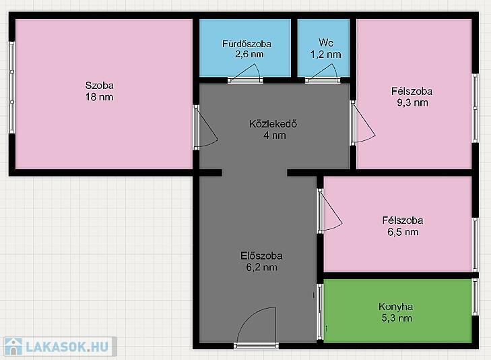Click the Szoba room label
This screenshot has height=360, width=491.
(100, 85)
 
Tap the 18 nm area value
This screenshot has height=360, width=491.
(100, 97)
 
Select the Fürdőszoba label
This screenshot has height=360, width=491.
(247, 44)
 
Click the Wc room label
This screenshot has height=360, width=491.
(326, 42)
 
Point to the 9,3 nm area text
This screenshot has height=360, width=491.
(412, 102)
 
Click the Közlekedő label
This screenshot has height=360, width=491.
(273, 124)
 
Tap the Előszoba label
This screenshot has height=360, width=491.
(261, 256)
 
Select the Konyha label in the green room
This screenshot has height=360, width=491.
(396, 307)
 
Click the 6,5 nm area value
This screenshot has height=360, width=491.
(403, 232)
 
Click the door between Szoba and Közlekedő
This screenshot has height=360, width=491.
(205, 127)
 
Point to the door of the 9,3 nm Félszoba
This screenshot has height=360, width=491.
(362, 123)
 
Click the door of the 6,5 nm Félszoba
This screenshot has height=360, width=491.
(329, 211)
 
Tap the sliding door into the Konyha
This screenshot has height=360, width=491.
(320, 311)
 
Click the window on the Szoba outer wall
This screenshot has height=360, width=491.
(11, 88)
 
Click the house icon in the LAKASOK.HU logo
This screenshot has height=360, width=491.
(13, 347)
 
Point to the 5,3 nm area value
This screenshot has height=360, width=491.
(397, 318)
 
